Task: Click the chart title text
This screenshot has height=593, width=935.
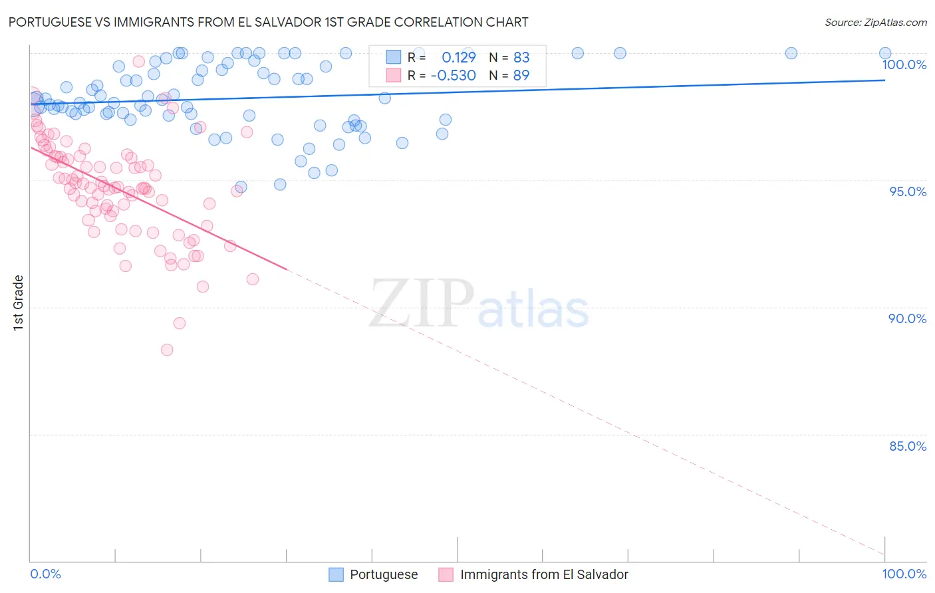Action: [268, 23]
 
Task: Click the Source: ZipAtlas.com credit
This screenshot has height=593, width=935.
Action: [875, 23]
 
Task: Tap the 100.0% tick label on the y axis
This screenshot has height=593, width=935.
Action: [904, 64]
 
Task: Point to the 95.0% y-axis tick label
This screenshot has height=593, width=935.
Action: [908, 191]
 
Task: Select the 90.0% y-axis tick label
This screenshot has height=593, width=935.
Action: [908, 318]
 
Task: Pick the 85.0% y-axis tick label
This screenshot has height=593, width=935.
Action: [908, 446]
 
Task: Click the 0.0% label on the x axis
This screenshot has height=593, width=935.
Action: [46, 574]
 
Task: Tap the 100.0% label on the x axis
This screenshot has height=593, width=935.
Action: [904, 574]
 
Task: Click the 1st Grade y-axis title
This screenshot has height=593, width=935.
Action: [19, 302]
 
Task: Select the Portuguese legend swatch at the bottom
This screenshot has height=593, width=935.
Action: [336, 574]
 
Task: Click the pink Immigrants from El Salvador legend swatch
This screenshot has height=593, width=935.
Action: [446, 574]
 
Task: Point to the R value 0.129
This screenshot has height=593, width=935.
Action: [459, 57]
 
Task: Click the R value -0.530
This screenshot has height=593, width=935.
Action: [454, 76]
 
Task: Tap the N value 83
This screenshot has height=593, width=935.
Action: [521, 57]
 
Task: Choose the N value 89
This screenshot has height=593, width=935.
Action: [521, 76]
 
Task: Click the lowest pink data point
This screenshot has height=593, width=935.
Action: [167, 350]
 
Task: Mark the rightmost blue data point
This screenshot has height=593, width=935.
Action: [885, 53]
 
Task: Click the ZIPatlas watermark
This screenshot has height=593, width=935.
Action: [479, 304]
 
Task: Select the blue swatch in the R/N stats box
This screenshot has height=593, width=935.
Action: [394, 57]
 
